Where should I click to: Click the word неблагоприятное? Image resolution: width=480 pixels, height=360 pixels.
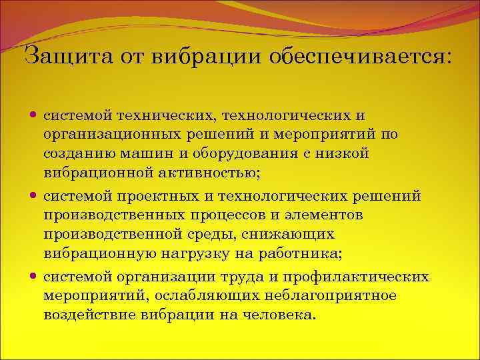pyautogui.click(x=339, y=295)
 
